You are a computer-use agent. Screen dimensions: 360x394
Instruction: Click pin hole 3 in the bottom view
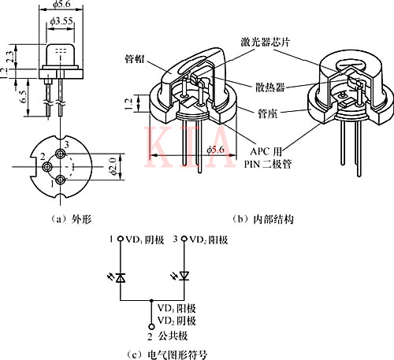(x=58, y=154)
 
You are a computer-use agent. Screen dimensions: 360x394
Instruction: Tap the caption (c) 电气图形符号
(x=169, y=354)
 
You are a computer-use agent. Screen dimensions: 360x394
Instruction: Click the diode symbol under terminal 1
(x=119, y=276)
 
